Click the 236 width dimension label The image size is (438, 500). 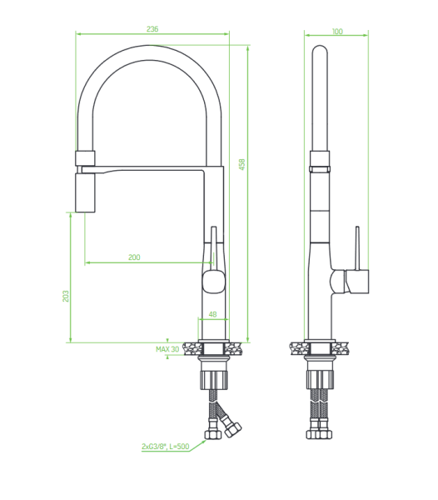click(x=152, y=29)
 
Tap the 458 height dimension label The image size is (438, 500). click(x=242, y=164)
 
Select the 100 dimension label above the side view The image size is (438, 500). click(x=337, y=32)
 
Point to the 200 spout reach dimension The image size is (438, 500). click(x=134, y=257)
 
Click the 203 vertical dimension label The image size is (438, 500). click(x=66, y=296)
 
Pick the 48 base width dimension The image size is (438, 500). click(x=212, y=314)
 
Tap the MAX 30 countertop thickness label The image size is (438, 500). click(x=167, y=349)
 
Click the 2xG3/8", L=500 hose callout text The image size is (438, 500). click(x=166, y=447)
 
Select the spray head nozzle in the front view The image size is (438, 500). click(x=85, y=192)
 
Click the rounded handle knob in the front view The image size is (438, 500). click(x=214, y=282)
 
